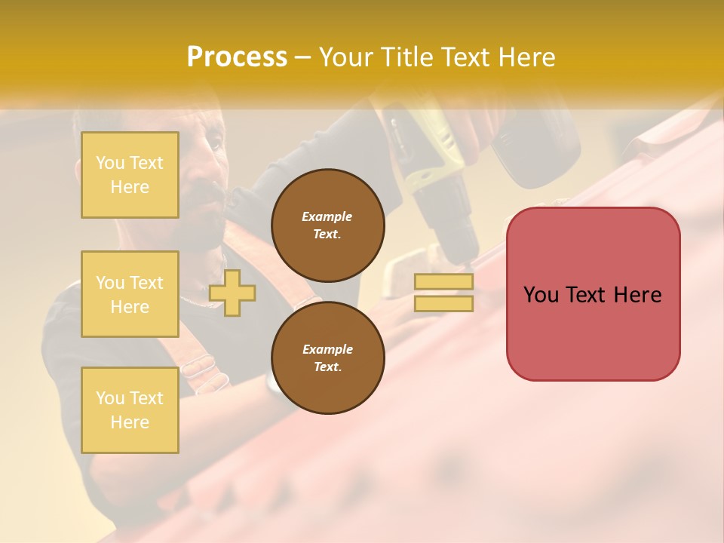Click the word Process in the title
[237, 57]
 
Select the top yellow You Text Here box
[130, 175]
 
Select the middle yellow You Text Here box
[130, 294]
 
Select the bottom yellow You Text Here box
[130, 410]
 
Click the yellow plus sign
[232, 293]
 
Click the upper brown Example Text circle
[328, 225]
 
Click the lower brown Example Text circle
[328, 358]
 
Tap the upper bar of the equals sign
[444, 282]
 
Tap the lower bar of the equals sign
[444, 303]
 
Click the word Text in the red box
[588, 295]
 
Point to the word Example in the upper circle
[327, 216]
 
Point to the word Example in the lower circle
[327, 349]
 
